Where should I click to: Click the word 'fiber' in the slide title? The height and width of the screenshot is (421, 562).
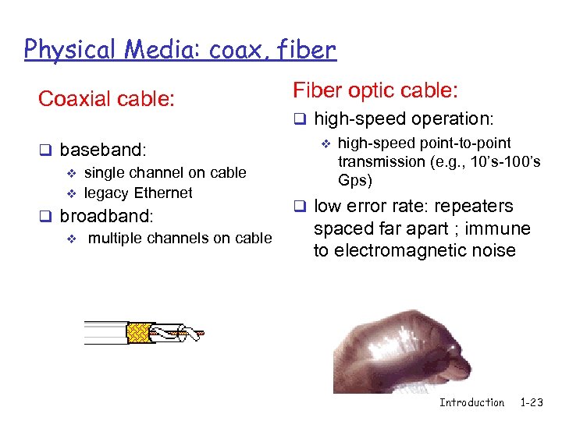[x=305, y=50]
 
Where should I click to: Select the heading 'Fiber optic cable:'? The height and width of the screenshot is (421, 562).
[x=375, y=90]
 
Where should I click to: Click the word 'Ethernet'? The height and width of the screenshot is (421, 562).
[x=163, y=193]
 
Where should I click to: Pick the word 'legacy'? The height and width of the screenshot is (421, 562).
[x=106, y=193]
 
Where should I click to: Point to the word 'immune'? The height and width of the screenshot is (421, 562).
[x=503, y=228]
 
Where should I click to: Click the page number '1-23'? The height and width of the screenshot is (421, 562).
[x=531, y=402]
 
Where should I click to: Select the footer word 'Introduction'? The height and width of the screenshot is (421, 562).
[x=471, y=402]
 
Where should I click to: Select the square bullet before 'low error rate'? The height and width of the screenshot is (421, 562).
[x=298, y=207]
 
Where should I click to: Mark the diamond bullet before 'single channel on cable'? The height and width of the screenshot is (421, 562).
[x=69, y=173]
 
